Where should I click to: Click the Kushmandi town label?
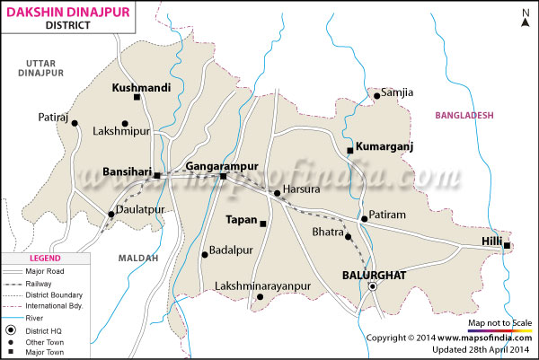click(141, 87)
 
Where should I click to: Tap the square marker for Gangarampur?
click(224, 177)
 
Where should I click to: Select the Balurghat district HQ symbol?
click(372, 286)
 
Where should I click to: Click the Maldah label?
click(137, 258)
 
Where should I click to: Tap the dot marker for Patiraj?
click(75, 124)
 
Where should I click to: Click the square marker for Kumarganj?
click(349, 150)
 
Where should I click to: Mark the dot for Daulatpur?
click(110, 214)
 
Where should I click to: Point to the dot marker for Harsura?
click(276, 192)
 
